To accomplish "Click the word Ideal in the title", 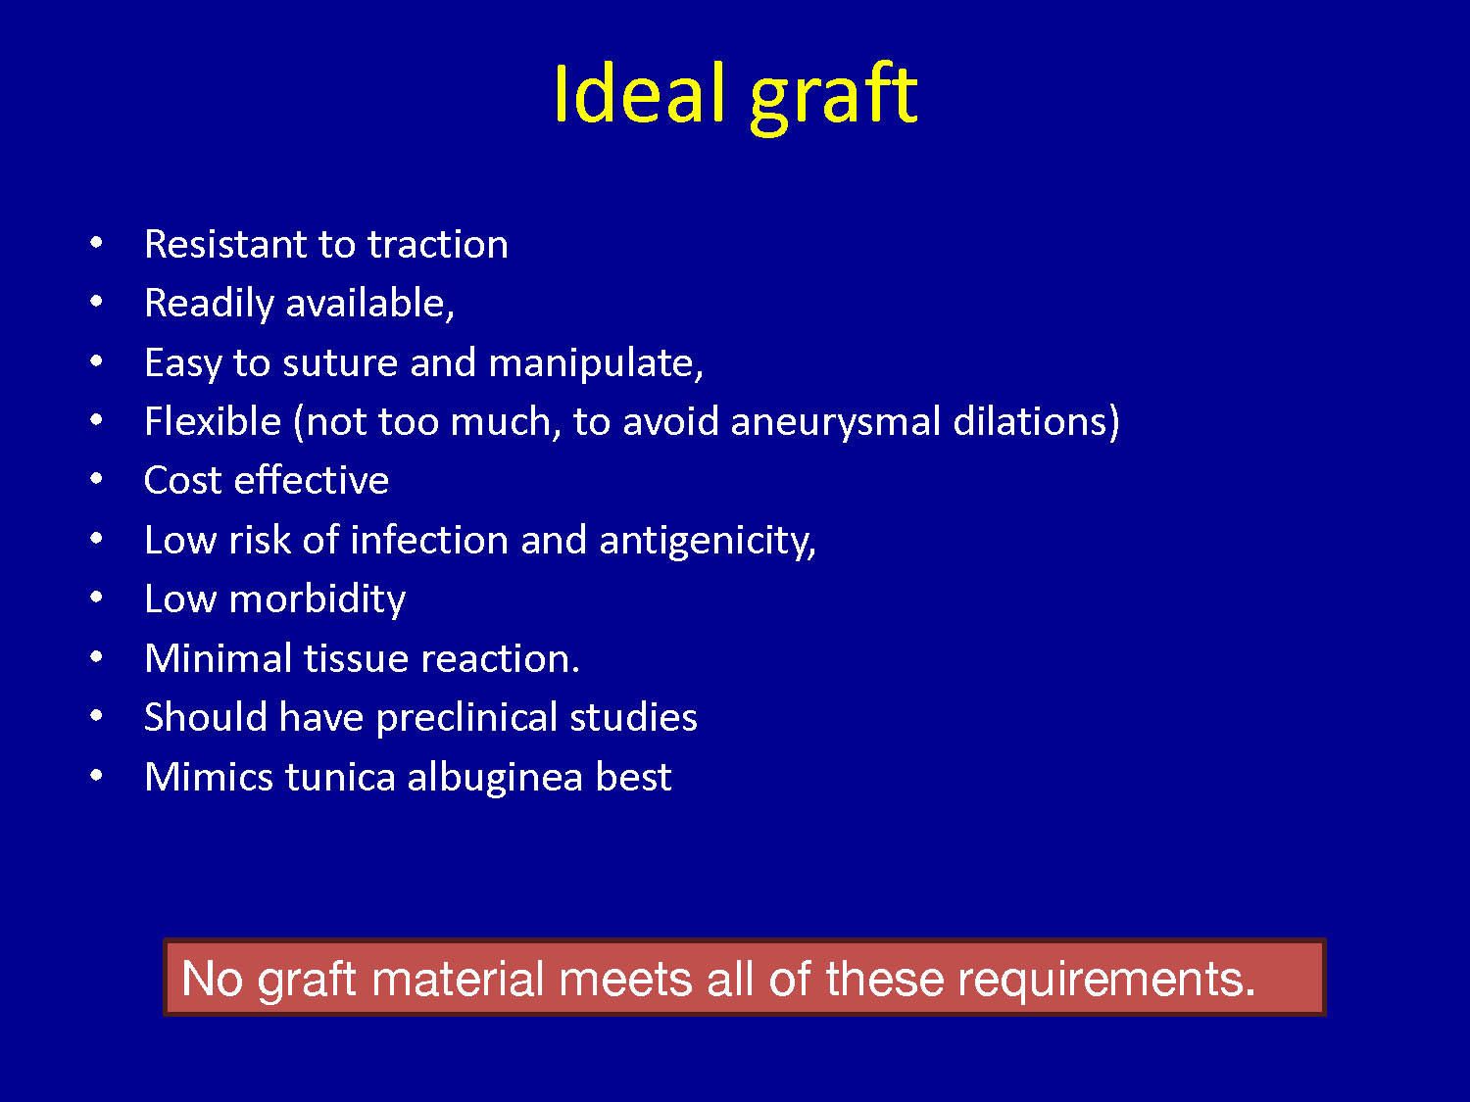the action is pos(640,94).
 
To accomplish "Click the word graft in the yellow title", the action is pos(834,98).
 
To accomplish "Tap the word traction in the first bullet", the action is pos(438,244).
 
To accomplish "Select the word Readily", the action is pos(209,305).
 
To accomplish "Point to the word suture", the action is pos(340,363).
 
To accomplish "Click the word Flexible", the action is pos(213,421).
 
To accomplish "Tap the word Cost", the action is pos(183,480).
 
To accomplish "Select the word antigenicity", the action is pos(708,542).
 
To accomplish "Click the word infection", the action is pos(429,540).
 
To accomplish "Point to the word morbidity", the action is pos(318,600).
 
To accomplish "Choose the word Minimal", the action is pos(219,658).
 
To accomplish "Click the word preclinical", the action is pos(466,719).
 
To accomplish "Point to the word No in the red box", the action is pos(212,979).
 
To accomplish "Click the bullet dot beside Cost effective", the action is pos(96,478).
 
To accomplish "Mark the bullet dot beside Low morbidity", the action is pos(96,597).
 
